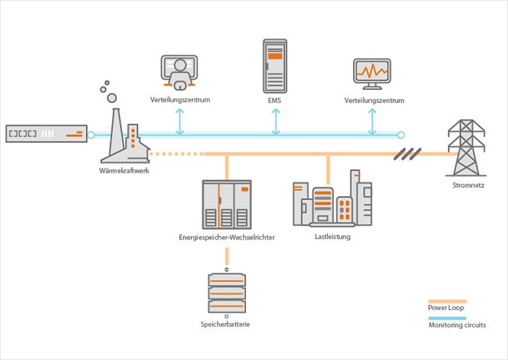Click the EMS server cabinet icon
coord(275,65)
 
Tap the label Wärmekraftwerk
coord(124,171)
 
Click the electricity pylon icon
coord(465,148)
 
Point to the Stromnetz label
coord(465,185)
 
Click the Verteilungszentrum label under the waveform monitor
coord(374,99)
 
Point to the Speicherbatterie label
coord(226,324)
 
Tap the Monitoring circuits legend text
coord(456,325)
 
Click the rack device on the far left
coord(46,134)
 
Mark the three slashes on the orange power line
coord(408,153)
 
